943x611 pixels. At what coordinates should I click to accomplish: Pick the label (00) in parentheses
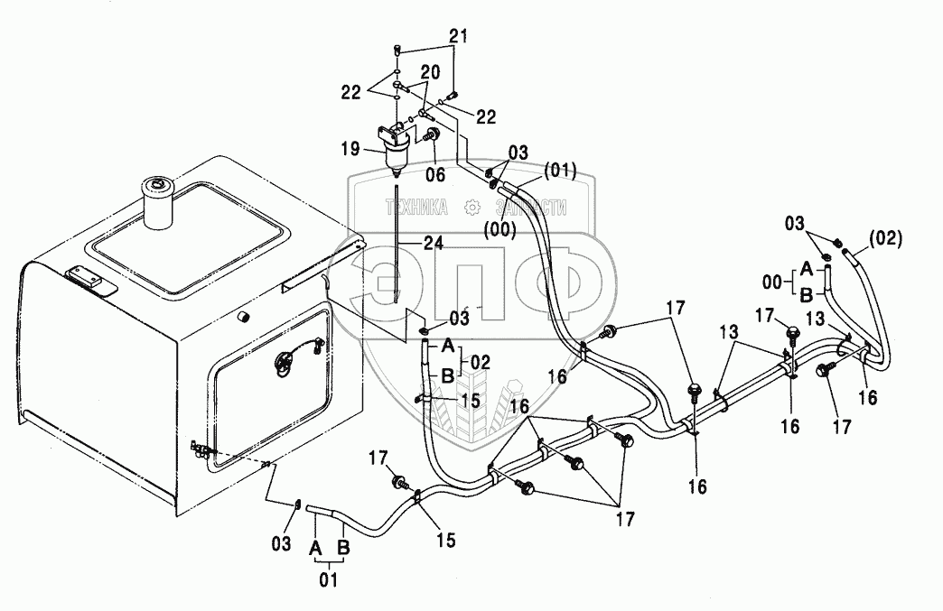[499, 229]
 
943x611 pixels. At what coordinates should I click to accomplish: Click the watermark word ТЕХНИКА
[415, 208]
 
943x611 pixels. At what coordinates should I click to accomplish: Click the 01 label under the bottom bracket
[328, 580]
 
